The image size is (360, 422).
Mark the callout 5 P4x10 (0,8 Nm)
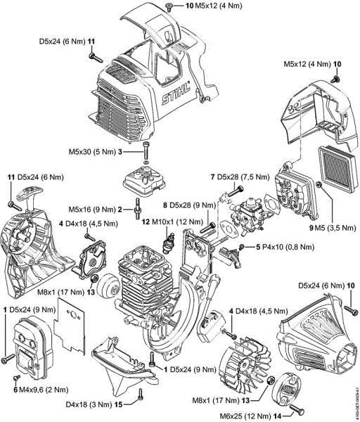[x=281, y=247]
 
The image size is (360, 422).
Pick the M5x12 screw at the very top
[x=171, y=6]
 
